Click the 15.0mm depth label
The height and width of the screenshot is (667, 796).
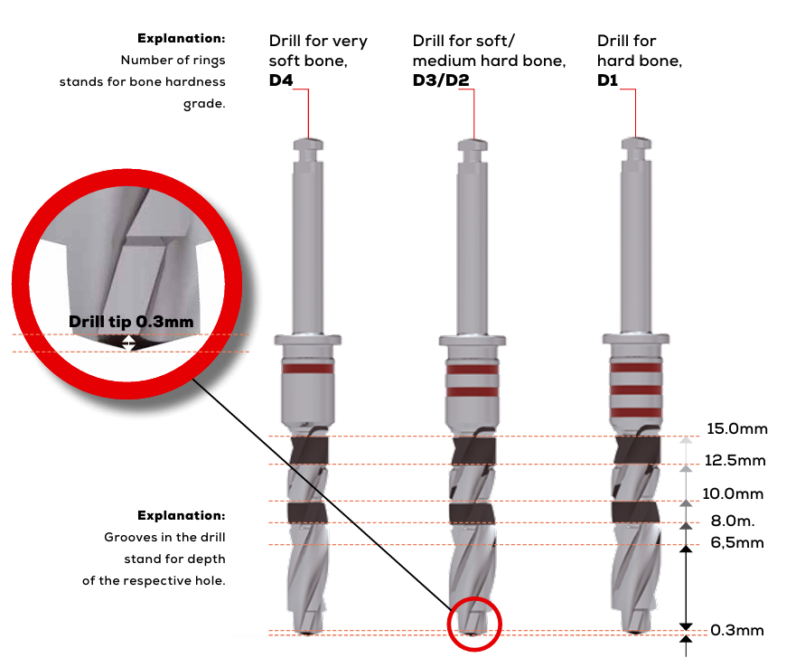pos(736,428)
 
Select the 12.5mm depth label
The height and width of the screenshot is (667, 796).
pos(735,461)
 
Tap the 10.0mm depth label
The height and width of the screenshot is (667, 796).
pos(734,494)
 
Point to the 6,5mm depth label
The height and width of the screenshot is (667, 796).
pos(737,542)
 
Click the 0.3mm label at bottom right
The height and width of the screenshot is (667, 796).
pos(736,630)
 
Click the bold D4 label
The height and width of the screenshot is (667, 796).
pos(281,80)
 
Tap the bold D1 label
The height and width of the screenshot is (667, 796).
pos(609,80)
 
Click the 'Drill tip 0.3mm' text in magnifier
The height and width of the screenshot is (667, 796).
pos(131,321)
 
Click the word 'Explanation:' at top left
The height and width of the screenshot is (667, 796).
pos(181,39)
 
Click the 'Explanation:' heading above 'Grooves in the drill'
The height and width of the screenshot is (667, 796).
pos(181,515)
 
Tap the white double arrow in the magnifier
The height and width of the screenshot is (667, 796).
pos(129,343)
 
